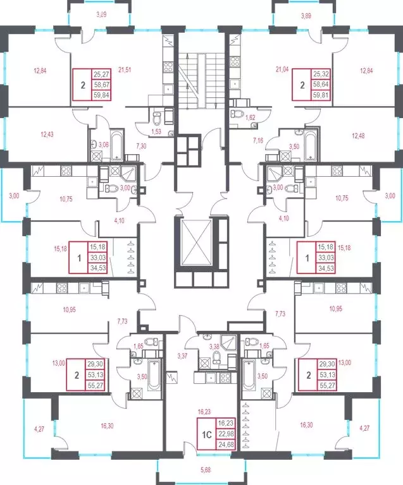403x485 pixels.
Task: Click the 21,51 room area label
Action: click(x=125, y=70)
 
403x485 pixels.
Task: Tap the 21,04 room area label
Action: click(x=282, y=69)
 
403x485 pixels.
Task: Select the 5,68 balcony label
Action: click(x=206, y=470)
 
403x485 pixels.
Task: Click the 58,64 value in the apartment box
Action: click(x=321, y=84)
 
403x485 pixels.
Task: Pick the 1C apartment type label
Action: click(x=207, y=435)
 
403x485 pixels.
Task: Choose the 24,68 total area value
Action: click(x=225, y=445)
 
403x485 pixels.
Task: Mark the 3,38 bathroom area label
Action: click(x=214, y=347)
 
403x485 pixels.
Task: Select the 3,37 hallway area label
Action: click(x=182, y=356)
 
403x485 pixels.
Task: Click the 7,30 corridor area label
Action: click(x=141, y=147)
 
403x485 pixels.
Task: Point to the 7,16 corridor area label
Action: click(x=258, y=141)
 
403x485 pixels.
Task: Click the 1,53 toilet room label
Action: click(x=156, y=131)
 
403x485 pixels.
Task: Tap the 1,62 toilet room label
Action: click(x=251, y=117)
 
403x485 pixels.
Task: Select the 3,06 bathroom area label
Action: click(x=104, y=144)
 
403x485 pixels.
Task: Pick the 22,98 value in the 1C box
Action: click(x=225, y=434)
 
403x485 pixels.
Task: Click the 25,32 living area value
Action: click(x=321, y=74)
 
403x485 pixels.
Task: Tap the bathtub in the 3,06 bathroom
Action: click(x=117, y=146)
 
